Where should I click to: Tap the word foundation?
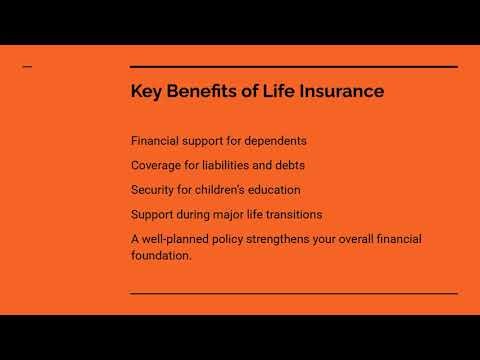(x=161, y=255)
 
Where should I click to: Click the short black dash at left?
(x=27, y=67)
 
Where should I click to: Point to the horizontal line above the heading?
(x=294, y=67)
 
